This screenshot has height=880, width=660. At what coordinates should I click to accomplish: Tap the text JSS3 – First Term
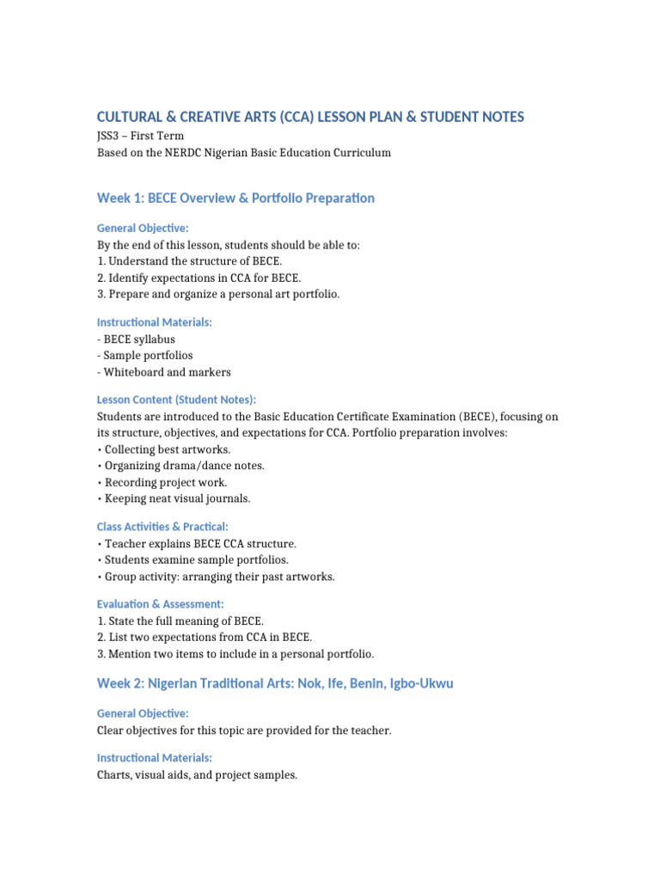(140, 136)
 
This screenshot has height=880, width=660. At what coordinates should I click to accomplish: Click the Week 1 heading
(235, 198)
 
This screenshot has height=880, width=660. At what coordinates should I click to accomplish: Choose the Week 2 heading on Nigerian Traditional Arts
(275, 683)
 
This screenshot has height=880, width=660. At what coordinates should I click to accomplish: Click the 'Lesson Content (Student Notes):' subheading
(176, 400)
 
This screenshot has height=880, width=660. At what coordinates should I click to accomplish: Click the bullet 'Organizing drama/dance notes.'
(184, 466)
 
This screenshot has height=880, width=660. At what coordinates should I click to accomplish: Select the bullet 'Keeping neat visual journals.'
(177, 498)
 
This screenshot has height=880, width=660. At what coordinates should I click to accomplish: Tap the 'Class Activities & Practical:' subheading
(162, 526)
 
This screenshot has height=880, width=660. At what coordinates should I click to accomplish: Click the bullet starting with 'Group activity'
(216, 576)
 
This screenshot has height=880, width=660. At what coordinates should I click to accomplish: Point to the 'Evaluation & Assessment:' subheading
(160, 604)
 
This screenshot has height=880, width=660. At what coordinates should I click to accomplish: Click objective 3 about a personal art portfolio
(218, 294)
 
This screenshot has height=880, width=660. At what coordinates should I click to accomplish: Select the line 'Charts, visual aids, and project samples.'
(197, 774)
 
